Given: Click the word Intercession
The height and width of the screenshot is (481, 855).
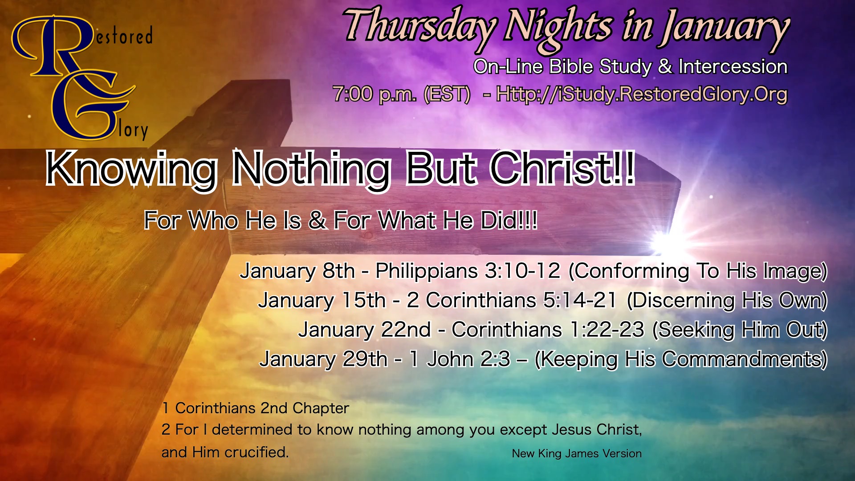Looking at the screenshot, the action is click(733, 67).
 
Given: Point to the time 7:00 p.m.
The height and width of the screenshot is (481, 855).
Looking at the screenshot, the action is click(374, 94).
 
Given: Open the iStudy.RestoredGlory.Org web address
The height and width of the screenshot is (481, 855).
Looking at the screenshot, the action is click(642, 95).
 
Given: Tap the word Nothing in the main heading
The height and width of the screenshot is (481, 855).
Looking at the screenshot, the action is click(311, 169).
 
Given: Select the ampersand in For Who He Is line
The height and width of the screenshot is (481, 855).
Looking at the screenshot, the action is click(317, 220).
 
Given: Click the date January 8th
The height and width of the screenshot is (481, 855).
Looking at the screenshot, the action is click(297, 271).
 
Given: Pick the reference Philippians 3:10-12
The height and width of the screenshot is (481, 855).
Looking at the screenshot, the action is click(468, 271).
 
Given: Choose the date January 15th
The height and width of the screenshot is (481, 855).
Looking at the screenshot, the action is click(322, 301).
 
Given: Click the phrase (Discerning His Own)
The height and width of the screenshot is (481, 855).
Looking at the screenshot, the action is click(727, 301).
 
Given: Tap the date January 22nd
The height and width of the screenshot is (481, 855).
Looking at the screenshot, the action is click(365, 330).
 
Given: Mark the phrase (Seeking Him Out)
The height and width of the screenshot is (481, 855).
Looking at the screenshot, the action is click(740, 330).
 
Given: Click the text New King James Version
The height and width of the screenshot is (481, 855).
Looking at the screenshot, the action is click(577, 454).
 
